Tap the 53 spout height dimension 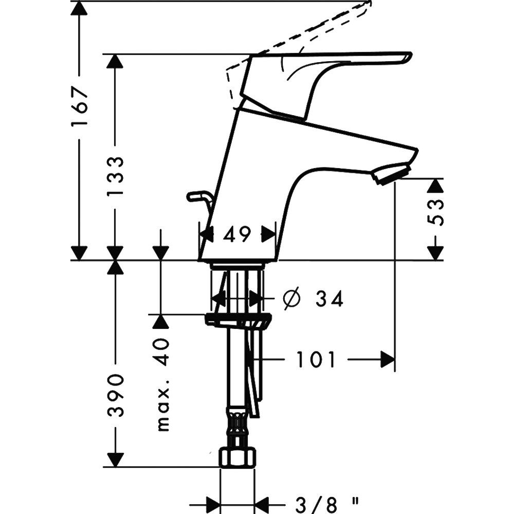435,211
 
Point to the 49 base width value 237,235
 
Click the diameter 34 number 329,299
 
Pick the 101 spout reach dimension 316,360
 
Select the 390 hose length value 116,395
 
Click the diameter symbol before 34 291,299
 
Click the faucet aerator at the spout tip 392,173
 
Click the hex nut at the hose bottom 237,457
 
